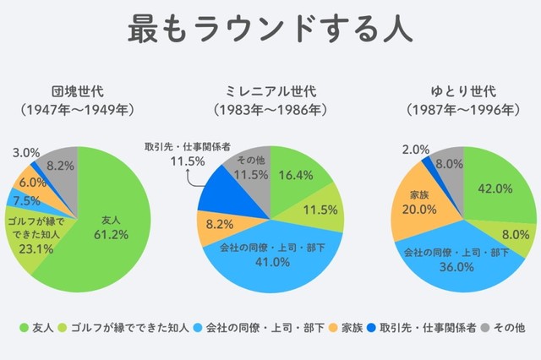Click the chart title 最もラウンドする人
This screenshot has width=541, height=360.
(270, 29)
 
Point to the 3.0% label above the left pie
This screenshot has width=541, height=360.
(27, 152)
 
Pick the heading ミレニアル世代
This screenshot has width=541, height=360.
(270, 90)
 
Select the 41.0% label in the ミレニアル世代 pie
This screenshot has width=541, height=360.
(271, 262)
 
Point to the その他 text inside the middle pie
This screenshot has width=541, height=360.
(251, 161)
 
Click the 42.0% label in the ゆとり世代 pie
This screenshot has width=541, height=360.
(495, 188)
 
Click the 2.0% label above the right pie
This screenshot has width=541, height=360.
(416, 150)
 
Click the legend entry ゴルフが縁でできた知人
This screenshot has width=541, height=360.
(117, 325)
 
